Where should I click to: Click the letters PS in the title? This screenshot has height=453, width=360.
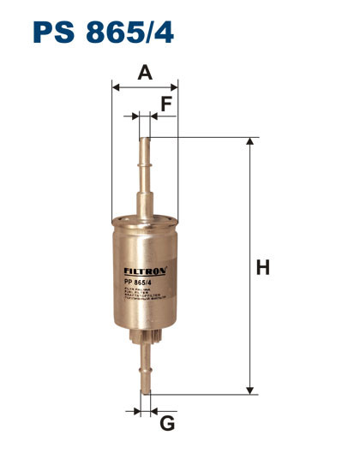pos(53,32)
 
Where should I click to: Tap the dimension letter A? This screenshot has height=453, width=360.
pos(145,73)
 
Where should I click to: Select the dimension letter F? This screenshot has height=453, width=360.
pos(166,104)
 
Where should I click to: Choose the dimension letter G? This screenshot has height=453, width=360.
pos(167,422)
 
